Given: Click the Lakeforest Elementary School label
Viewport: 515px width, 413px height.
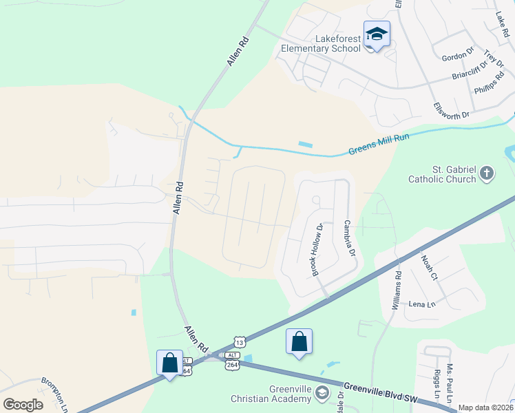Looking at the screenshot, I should [x=321, y=44].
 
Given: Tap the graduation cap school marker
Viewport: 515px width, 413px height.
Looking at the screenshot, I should [x=377, y=34].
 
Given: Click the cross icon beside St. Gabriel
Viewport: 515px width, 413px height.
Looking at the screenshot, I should [x=487, y=173].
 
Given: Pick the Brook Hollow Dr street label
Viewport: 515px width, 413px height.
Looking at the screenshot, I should [x=317, y=250].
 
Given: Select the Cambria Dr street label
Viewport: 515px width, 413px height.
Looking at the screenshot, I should [x=349, y=239].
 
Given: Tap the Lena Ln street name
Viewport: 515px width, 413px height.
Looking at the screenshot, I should [x=422, y=304].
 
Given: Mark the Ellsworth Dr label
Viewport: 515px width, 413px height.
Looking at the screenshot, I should [x=452, y=109].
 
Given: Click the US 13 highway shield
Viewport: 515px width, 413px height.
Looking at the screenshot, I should [x=239, y=342].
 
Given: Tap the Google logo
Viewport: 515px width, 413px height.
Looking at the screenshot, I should [x=23, y=405].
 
